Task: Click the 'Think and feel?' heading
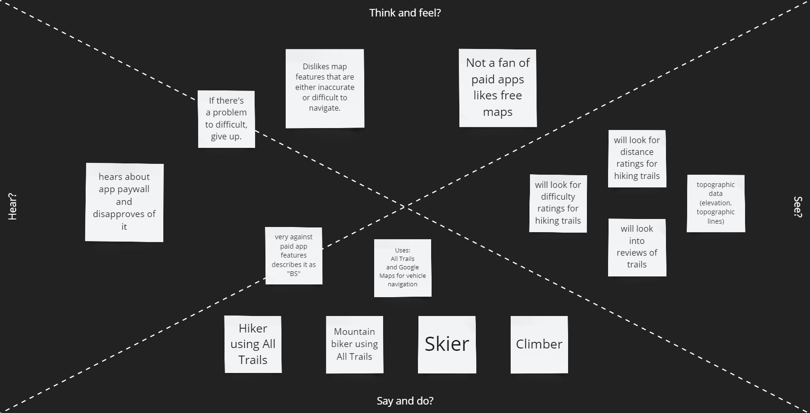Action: (x=405, y=13)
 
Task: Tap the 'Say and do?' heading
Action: (x=405, y=401)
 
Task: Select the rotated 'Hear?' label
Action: (x=12, y=206)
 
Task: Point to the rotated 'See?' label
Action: (x=797, y=206)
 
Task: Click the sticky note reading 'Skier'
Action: (x=447, y=344)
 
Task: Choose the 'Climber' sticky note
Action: (x=539, y=344)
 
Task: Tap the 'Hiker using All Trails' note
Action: (x=253, y=344)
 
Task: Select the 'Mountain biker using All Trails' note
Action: (x=354, y=344)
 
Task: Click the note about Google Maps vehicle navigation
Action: (x=402, y=267)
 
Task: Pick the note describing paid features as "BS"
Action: (x=294, y=255)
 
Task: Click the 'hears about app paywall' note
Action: (x=124, y=202)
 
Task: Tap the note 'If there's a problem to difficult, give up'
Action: (x=226, y=119)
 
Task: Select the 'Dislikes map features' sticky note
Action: (x=325, y=88)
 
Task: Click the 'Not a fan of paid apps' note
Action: (x=497, y=88)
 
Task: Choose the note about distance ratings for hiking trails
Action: (x=637, y=158)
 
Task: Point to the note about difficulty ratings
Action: (x=558, y=203)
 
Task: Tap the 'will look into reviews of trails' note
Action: (x=637, y=247)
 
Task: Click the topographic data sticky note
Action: (x=715, y=203)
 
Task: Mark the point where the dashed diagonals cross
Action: (x=405, y=207)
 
